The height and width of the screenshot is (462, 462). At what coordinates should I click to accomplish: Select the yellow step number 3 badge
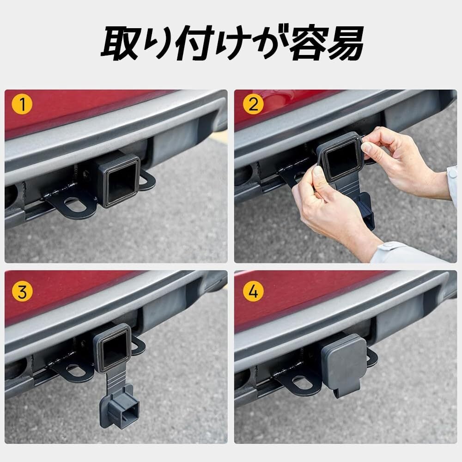[22, 292]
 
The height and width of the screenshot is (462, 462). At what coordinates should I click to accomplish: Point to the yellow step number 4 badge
[253, 292]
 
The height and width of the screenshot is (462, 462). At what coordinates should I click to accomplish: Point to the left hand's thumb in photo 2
[319, 177]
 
